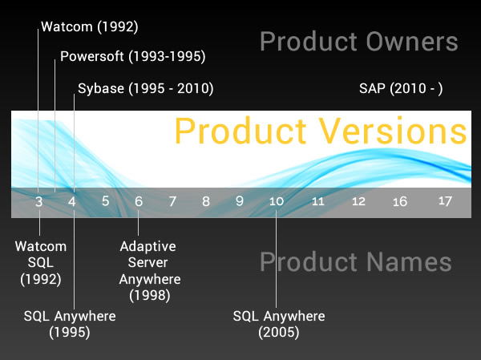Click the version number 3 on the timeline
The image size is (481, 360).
[38, 201]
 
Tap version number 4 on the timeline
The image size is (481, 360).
[72, 201]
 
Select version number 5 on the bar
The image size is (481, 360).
[106, 201]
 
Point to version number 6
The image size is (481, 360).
[139, 201]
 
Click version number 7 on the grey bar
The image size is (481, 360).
[172, 201]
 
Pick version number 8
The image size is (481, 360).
[206, 201]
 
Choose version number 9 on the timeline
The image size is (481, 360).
[239, 201]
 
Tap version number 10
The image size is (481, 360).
[277, 201]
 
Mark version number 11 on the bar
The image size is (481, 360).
[317, 201]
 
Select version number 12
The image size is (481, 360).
[358, 201]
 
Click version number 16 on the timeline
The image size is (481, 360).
[400, 201]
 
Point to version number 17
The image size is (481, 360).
[445, 201]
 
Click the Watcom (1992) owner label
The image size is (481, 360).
[90, 26]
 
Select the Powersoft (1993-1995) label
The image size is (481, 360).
[133, 56]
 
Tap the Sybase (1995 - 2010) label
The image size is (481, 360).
[146, 88]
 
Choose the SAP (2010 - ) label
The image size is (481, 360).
[401, 88]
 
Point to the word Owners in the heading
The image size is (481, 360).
[412, 42]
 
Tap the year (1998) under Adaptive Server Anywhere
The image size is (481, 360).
[150, 296]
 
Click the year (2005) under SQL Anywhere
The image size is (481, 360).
[279, 333]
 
